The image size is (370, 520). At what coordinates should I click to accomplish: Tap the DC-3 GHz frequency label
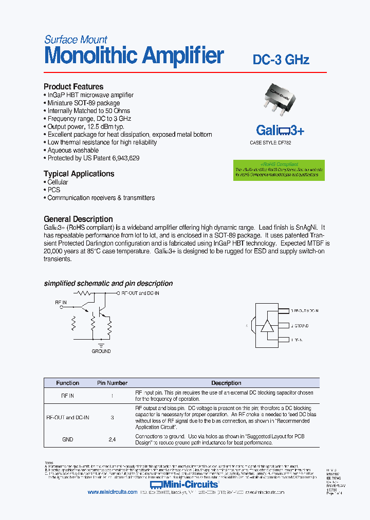pyautogui.click(x=281, y=60)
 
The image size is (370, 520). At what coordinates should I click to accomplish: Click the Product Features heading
pyautogui.click(x=73, y=87)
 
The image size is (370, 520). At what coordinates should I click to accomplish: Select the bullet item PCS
pyautogui.click(x=54, y=190)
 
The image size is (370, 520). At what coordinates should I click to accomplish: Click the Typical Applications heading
pyautogui.click(x=79, y=174)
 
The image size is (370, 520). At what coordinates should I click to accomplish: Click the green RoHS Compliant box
pyautogui.click(x=279, y=170)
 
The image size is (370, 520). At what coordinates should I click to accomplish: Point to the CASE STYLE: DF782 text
pyautogui.click(x=270, y=143)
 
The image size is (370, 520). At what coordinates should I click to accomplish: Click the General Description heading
pyautogui.click(x=78, y=219)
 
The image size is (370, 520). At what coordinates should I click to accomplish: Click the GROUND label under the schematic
pyautogui.click(x=101, y=351)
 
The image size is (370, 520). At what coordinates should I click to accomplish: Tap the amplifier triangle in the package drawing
pyautogui.click(x=267, y=326)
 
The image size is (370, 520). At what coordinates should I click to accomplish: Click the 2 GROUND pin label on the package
pyautogui.click(x=300, y=326)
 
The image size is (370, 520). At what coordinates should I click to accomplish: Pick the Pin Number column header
pyautogui.click(x=112, y=383)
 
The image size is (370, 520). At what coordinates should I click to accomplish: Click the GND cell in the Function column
pyautogui.click(x=67, y=439)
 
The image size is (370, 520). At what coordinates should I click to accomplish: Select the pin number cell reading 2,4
pyautogui.click(x=112, y=439)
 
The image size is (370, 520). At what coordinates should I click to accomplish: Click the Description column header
pyautogui.click(x=226, y=383)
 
